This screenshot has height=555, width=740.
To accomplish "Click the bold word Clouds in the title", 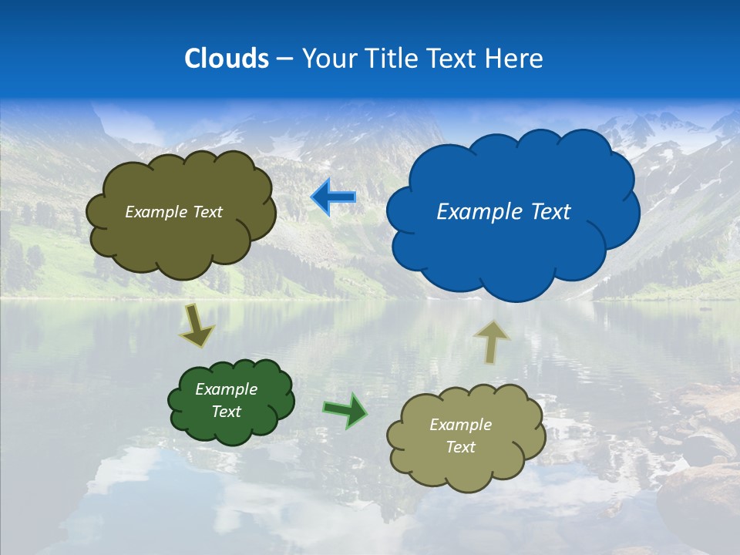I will (227, 59).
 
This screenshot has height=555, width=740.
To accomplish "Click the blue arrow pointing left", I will (333, 197).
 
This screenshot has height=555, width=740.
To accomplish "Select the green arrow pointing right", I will (346, 410).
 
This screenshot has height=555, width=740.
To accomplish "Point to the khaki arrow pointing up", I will (491, 341).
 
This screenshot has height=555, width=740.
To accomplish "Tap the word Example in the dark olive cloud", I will (156, 212).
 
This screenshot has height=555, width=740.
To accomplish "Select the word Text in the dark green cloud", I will (227, 412).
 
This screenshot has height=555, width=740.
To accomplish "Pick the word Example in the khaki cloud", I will (460, 425).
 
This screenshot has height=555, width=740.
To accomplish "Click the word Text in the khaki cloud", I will (460, 447).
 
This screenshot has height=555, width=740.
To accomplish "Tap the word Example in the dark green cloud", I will (227, 389).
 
